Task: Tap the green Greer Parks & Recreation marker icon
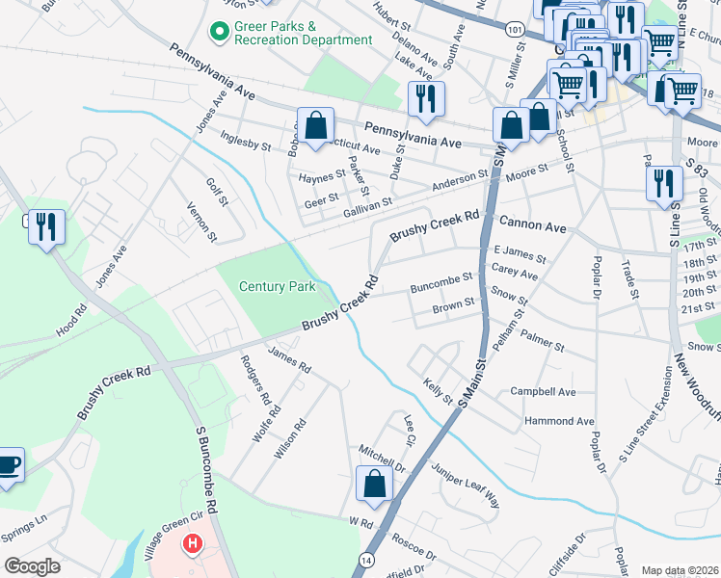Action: tap(219, 33)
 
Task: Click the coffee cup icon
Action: tap(8, 465)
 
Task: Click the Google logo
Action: tap(32, 566)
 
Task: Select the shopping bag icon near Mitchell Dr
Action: tap(374, 485)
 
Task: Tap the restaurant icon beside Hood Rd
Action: tap(46, 226)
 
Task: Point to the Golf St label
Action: tap(216, 192)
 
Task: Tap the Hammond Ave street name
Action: tap(559, 421)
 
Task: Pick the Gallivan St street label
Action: tap(361, 202)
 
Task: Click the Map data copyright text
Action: tap(681, 570)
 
